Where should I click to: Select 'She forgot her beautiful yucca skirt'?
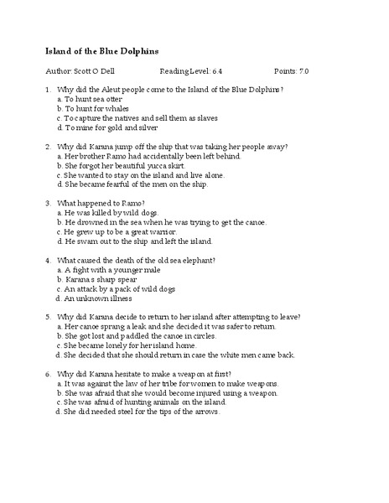[134, 166]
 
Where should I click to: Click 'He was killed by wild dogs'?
[117, 213]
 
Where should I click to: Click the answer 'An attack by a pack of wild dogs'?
[124, 289]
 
